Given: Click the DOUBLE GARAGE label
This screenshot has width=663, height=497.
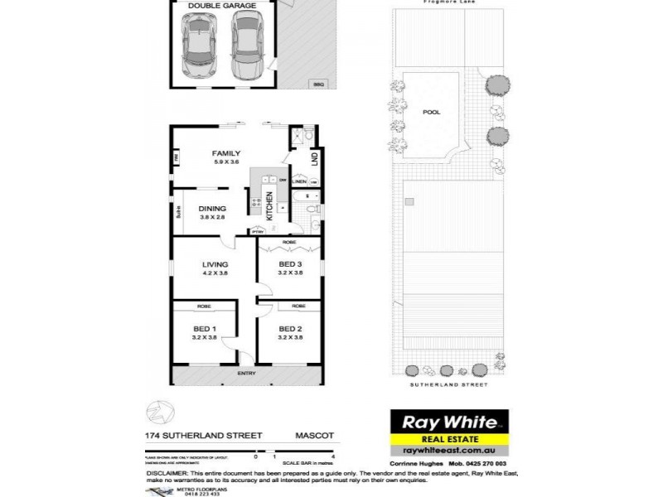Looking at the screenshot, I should [x=220, y=5].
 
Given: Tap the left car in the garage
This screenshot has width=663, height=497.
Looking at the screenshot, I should [x=199, y=46].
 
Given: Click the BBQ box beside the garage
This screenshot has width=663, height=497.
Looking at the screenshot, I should [x=318, y=84].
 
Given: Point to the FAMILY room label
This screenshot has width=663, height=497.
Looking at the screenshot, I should [x=225, y=153].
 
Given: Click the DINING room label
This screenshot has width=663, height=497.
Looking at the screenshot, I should [x=212, y=209].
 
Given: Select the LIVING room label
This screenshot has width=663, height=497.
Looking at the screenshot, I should [x=215, y=265].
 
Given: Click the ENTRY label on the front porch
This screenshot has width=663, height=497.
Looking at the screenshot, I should [x=246, y=374].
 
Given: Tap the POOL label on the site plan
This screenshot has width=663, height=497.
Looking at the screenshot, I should [x=431, y=112].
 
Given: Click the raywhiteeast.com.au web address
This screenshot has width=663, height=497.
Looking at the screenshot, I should [x=448, y=450].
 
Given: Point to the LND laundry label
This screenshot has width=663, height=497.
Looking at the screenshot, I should [x=314, y=157].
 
